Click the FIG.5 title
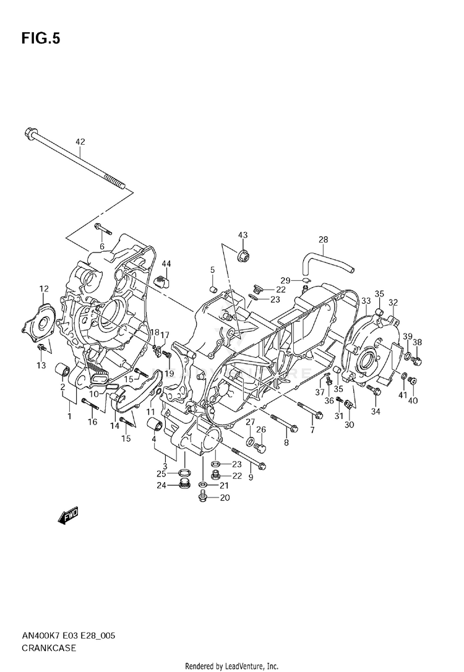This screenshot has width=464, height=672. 41,39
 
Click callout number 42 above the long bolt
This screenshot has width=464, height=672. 80,142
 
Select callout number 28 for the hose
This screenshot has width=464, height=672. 323,240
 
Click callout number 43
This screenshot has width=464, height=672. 243,235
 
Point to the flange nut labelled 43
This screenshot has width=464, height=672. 244,254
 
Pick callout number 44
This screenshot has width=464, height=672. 166,264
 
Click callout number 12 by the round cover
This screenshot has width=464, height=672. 44,289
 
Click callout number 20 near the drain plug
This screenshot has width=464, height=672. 225,498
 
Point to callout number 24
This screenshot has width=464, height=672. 161,485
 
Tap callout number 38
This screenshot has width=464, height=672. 418,342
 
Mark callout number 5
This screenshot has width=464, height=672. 212,270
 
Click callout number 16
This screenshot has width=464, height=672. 92,422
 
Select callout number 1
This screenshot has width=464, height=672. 69,416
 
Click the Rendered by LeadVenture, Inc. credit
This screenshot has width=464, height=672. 232,666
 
